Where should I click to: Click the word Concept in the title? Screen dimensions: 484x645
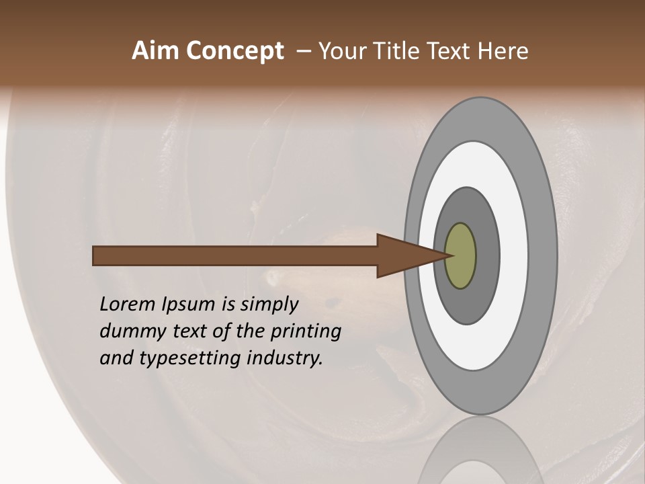coord(234,51)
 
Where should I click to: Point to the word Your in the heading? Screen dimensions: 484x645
coord(342,51)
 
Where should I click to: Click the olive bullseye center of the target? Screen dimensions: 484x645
coord(461,256)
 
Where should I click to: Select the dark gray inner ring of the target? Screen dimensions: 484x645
coord(488,256)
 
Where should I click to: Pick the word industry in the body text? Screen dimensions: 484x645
coord(285,358)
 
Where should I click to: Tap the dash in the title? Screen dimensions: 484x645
coord(304,52)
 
